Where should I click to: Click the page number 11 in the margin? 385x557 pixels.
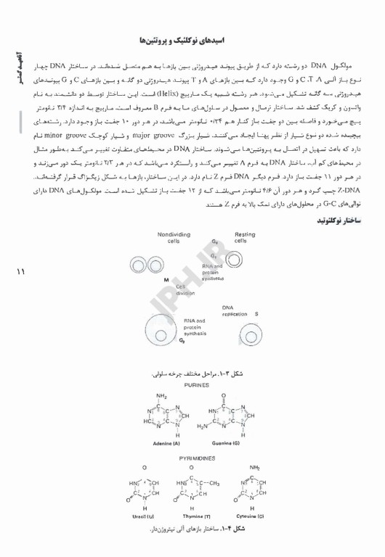click(19, 272)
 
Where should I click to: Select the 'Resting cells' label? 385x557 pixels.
click(245, 237)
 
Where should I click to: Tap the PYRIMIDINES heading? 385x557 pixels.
click(192, 458)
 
